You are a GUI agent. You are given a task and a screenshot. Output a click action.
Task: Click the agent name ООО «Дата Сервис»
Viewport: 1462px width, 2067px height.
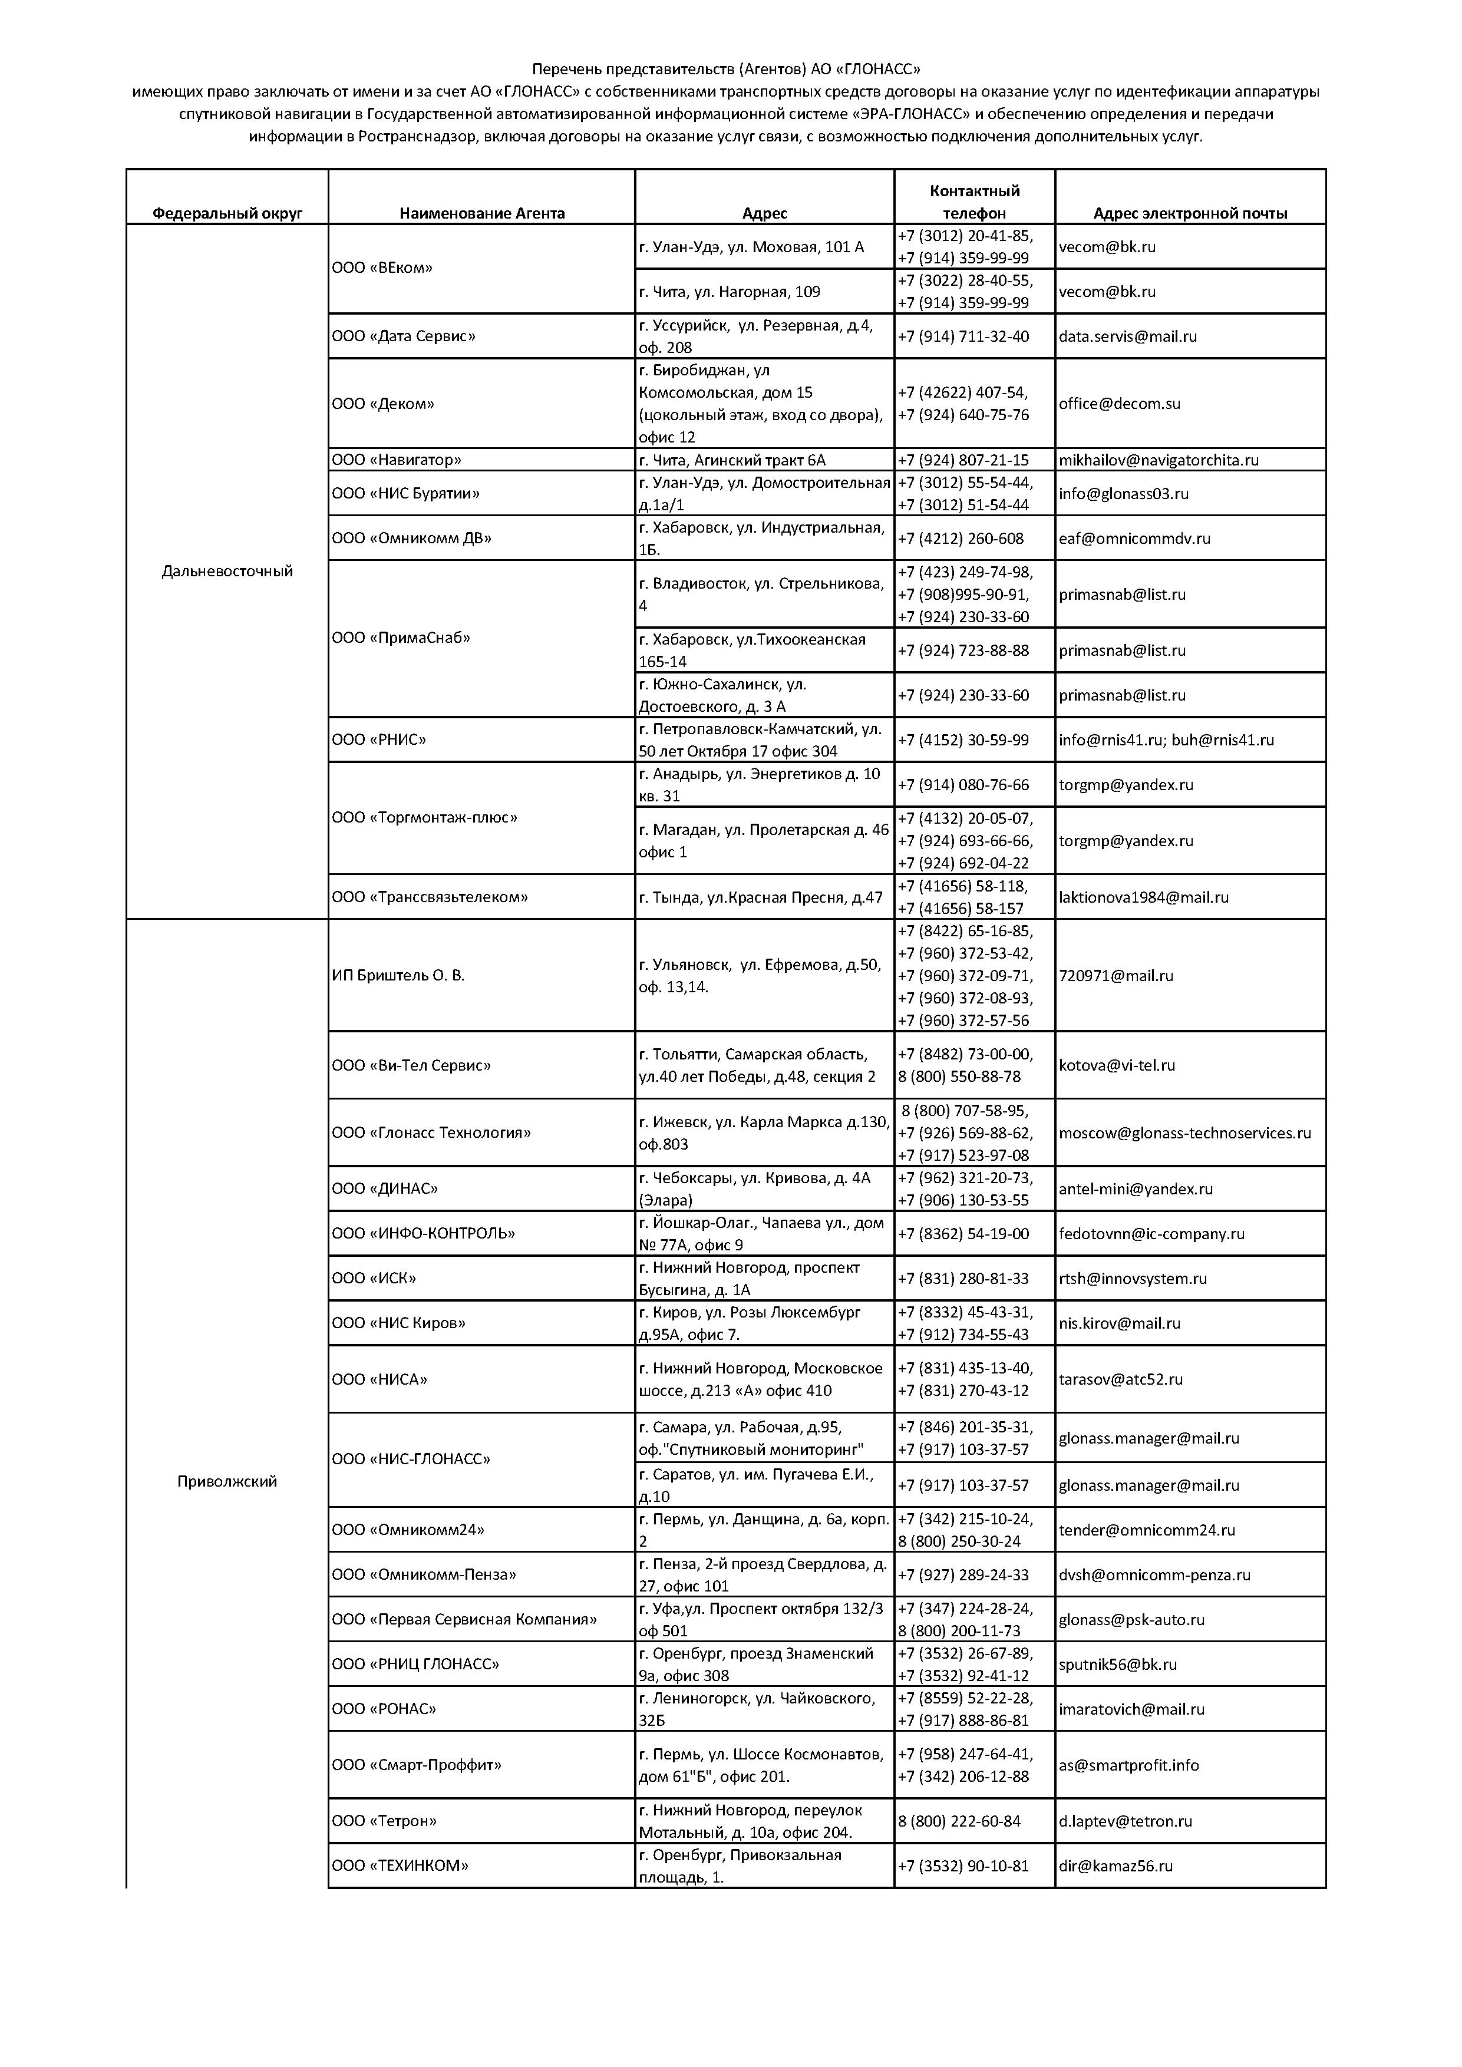click(x=403, y=336)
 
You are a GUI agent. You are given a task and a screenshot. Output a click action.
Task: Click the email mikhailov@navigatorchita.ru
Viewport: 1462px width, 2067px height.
click(x=1158, y=460)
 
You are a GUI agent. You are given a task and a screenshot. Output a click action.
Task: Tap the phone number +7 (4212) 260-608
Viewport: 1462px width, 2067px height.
click(x=961, y=539)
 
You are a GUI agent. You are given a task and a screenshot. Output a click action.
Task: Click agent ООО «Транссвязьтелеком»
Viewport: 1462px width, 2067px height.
click(x=430, y=897)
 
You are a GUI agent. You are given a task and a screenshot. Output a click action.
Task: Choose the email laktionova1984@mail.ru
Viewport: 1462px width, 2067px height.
click(x=1143, y=897)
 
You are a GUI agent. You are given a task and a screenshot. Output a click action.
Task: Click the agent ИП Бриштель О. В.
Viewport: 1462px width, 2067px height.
click(x=398, y=975)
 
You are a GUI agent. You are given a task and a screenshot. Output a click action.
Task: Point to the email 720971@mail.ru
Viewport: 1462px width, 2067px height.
click(x=1116, y=975)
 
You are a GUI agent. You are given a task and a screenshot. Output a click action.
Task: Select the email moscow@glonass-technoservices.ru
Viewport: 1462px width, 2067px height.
click(x=1184, y=1132)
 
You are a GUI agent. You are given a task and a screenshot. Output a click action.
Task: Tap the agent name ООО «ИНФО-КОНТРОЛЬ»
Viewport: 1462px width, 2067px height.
click(x=423, y=1233)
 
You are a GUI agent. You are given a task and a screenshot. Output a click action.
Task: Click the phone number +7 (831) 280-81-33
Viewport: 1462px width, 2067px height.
click(x=962, y=1279)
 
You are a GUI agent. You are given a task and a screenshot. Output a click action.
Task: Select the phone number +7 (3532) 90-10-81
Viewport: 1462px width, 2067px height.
click(x=962, y=1865)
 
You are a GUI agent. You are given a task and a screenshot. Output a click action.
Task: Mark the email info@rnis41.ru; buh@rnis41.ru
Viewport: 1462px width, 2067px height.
click(x=1166, y=740)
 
